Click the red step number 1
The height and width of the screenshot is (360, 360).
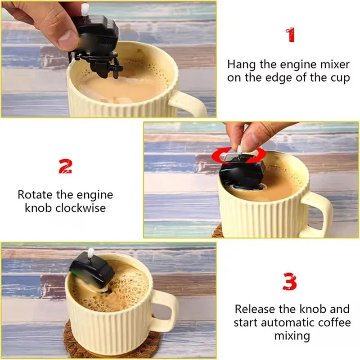[291, 35]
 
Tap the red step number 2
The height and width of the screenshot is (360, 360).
[66, 166]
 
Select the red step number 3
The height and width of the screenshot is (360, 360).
[290, 282]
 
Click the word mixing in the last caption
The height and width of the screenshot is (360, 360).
[292, 336]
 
